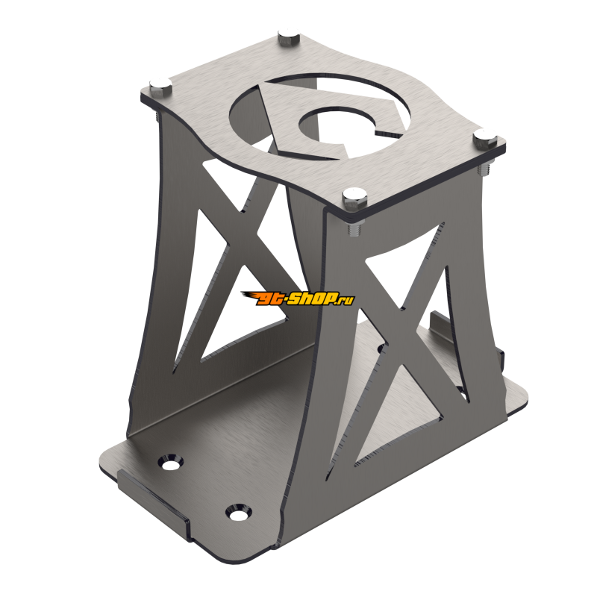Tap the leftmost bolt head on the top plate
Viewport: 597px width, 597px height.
pyautogui.click(x=159, y=83)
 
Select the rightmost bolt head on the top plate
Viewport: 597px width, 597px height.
pyautogui.click(x=485, y=137)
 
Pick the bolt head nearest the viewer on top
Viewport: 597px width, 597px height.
pyautogui.click(x=354, y=197)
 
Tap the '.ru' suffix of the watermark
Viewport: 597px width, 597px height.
pyautogui.click(x=345, y=300)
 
